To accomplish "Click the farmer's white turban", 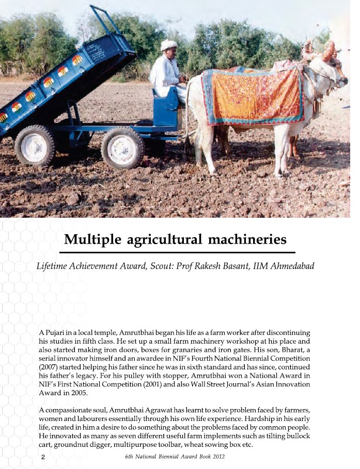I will tap(168, 45).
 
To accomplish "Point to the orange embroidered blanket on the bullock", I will tap(253, 96).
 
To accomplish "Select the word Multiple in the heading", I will tap(92, 240).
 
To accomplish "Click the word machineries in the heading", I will tap(246, 240).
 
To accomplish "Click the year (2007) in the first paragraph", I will tap(51, 366).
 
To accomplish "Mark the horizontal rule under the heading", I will tap(177, 252).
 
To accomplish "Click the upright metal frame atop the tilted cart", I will tap(106, 21).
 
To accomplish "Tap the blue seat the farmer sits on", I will tap(167, 110).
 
